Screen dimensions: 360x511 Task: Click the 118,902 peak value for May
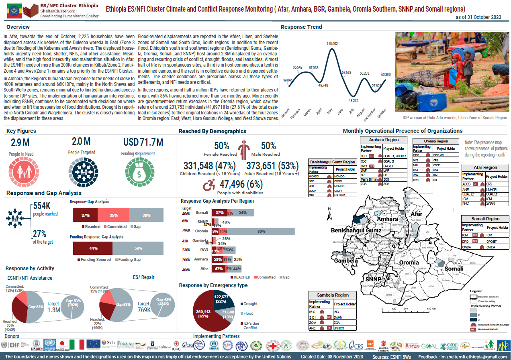tap(332, 43)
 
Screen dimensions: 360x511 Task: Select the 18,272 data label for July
tap(353, 100)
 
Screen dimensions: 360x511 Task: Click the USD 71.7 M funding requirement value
tap(143, 142)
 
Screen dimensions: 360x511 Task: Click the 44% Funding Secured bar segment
tap(93, 248)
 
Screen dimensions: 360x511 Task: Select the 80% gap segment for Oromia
tap(261, 232)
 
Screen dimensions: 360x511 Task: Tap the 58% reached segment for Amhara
tap(218, 260)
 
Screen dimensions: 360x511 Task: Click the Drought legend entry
tap(250, 304)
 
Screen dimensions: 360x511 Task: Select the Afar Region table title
tap(486, 167)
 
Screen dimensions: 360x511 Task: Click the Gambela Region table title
tap(333, 295)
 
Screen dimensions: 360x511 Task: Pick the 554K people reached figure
tap(42, 206)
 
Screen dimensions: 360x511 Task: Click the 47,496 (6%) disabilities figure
tap(241, 185)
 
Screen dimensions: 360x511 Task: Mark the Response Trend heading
tap(301, 27)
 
